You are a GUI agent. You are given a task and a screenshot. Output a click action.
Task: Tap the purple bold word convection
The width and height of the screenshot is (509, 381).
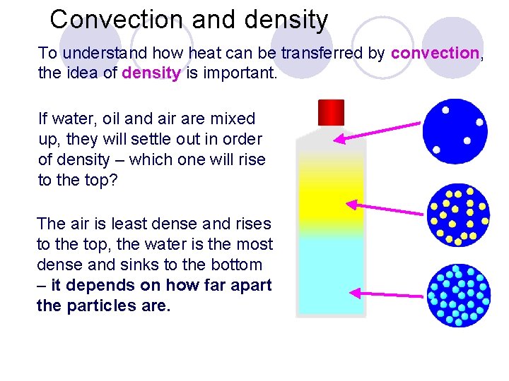[435, 53]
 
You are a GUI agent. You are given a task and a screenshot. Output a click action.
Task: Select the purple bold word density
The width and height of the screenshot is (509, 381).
[151, 73]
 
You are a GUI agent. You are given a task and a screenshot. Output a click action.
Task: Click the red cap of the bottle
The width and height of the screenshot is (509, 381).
[331, 112]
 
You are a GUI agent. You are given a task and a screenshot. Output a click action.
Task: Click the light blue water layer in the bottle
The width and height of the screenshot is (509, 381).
[331, 275]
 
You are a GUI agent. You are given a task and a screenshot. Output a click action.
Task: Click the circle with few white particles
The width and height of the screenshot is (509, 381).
[455, 131]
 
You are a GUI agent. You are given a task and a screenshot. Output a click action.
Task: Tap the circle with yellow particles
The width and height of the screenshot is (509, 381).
[458, 214]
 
